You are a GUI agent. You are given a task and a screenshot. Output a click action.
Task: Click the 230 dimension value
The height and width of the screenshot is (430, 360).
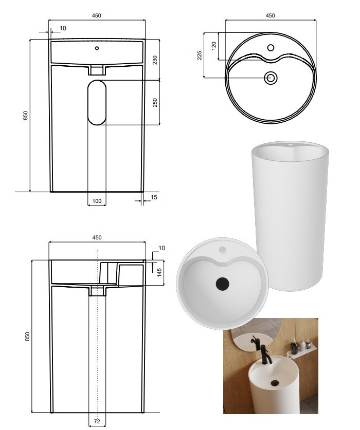pyautogui.click(x=155, y=60)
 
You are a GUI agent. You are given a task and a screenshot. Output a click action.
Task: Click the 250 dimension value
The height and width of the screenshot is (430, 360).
pyautogui.click(x=155, y=103)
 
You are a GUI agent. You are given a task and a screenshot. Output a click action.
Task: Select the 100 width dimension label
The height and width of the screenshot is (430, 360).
pyautogui.click(x=97, y=201)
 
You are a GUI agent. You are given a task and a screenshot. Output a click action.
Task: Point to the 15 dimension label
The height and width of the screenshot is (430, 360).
pyautogui.click(x=154, y=197)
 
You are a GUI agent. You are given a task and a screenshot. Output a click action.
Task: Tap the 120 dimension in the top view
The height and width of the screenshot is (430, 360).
pyautogui.click(x=214, y=46)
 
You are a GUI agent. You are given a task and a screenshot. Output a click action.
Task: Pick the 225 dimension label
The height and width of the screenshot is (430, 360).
pyautogui.click(x=200, y=55)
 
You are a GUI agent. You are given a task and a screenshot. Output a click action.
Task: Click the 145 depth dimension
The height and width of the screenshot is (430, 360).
pyautogui.click(x=159, y=272)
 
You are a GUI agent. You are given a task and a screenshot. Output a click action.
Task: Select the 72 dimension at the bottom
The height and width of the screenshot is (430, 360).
pyautogui.click(x=97, y=421)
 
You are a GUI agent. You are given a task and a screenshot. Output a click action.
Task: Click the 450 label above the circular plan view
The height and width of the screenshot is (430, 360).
pyautogui.click(x=270, y=15)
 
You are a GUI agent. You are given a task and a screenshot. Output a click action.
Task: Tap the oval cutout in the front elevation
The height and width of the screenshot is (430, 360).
pyautogui.click(x=97, y=103)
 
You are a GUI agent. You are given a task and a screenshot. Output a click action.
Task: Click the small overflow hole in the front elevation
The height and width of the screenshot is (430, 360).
pyautogui.click(x=97, y=48)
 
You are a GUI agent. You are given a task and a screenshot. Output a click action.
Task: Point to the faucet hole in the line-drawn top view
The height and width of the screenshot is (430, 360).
pyautogui.click(x=271, y=48)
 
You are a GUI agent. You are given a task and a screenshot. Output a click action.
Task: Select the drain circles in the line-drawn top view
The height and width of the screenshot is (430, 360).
pyautogui.click(x=271, y=78)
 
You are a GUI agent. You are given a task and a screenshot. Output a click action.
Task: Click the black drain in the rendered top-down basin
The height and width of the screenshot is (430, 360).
pyautogui.click(x=222, y=284)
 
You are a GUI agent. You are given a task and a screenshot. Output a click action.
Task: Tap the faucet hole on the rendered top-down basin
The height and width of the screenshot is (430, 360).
pyautogui.click(x=222, y=250)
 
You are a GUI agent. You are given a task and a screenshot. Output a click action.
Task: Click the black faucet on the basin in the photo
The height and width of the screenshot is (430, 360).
pyautogui.click(x=265, y=354)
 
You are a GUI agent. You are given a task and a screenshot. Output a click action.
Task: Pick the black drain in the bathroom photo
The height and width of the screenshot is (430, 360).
pyautogui.click(x=275, y=383)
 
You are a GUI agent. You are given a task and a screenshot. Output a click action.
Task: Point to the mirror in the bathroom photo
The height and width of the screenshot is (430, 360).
pyautogui.click(x=253, y=335)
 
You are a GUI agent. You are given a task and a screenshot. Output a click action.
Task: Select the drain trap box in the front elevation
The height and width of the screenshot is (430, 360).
pyautogui.click(x=97, y=70)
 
